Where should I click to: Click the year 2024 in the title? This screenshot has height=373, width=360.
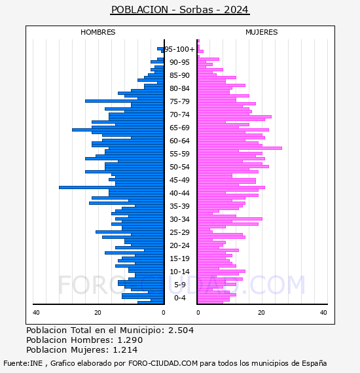pos(236,10)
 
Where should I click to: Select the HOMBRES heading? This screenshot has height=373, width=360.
pos(98,32)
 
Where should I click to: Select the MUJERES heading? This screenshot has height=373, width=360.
pos(262,32)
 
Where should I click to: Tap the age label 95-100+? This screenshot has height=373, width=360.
pos(179,49)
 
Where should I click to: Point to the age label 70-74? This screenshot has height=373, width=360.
pos(179,115)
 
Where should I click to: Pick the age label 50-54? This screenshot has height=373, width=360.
pos(179,167)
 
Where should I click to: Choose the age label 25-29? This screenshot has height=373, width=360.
pos(179,232)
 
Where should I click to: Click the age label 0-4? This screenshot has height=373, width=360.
pos(180,298)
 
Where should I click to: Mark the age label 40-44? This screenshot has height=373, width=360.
pos(179,193)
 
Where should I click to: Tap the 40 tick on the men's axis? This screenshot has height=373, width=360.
pos(36,313)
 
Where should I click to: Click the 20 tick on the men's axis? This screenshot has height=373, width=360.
pos(98,313)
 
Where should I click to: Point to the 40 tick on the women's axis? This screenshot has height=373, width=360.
pos(323,313)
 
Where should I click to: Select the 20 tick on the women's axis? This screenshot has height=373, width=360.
pos(262,313)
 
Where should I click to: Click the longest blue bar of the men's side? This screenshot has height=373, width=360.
pos(111,187)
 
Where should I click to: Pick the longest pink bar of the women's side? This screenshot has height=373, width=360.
pos(240,148)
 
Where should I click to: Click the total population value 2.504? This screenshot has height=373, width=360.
pos(181,330)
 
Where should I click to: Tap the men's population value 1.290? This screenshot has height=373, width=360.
pos(130,340)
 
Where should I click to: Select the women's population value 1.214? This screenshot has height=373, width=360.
pos(125,350)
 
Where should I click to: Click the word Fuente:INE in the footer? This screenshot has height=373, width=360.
pos(23,363)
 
